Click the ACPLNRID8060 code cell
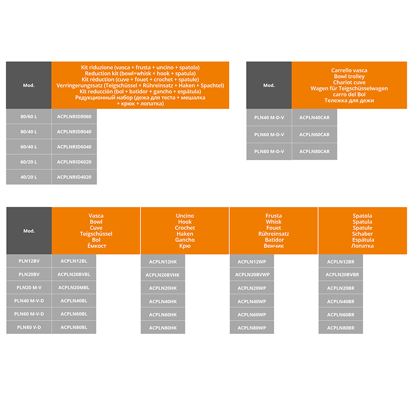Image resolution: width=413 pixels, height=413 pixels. pos(74,117)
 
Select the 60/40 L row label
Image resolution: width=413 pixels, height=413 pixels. pos(29,147)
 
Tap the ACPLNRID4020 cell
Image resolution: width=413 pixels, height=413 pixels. pos(74,177)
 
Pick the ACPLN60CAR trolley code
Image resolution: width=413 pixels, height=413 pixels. pos(314,135)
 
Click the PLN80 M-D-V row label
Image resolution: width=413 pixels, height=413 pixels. pos(269,151)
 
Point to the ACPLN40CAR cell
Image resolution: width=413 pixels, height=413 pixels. pos(314,118)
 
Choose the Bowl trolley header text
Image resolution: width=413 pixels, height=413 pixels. pos(350,76)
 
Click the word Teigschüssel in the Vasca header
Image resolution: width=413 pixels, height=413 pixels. pos(96,234)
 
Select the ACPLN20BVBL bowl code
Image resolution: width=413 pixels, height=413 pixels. pos(74,275)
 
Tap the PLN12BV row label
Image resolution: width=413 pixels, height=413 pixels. pos(29,261)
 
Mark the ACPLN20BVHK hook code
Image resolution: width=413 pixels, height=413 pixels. pos(163,275)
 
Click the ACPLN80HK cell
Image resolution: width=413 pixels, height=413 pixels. pos(163,328)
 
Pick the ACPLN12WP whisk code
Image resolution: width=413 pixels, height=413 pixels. pos(252,262)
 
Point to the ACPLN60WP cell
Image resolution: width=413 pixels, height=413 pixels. pos(252,315)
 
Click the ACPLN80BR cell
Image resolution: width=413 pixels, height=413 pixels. pos(341,328)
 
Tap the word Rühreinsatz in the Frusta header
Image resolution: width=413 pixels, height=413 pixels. pos(274,234)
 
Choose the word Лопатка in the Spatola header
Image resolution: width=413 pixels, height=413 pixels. pos(362,246)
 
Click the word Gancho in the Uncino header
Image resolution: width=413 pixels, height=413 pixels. pos(185,240)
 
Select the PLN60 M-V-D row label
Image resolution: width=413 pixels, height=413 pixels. pos(29,314)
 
